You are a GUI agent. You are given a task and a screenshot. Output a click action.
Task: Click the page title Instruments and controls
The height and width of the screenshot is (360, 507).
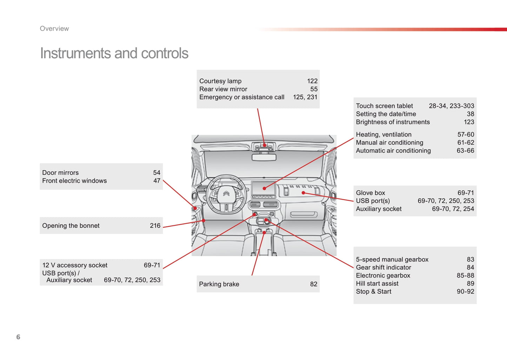tap(114, 53)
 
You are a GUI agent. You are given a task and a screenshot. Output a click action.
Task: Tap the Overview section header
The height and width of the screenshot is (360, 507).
tap(54, 29)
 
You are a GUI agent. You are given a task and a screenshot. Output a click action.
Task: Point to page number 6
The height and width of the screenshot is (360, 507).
tap(18, 337)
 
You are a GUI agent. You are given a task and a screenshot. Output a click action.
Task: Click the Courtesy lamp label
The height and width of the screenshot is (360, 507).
tap(220, 81)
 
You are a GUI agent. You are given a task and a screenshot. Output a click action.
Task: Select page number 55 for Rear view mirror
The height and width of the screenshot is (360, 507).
tap(314, 89)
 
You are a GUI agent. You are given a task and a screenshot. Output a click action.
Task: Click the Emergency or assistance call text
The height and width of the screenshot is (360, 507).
tap(242, 97)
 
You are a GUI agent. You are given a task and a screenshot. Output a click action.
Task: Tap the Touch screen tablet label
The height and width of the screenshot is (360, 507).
tap(384, 106)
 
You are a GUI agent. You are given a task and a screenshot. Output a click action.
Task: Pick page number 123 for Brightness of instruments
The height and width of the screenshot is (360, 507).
tap(469, 122)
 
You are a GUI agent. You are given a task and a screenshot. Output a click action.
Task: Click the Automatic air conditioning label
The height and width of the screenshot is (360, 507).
tap(393, 151)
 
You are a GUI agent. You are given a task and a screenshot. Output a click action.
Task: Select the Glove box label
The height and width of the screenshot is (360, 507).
tap(371, 193)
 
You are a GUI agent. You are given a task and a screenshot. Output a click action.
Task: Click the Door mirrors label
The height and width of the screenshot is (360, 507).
tap(60, 173)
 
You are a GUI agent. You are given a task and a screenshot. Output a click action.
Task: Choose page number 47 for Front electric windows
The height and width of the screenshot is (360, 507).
tap(156, 181)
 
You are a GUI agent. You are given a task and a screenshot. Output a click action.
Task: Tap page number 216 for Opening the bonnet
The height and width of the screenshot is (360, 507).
tap(155, 226)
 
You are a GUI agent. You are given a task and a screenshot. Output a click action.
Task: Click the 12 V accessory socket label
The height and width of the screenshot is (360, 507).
tap(75, 265)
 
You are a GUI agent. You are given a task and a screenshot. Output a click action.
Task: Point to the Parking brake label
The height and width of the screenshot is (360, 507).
tap(219, 284)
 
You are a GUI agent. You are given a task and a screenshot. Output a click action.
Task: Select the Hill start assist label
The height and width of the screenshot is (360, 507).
tap(377, 284)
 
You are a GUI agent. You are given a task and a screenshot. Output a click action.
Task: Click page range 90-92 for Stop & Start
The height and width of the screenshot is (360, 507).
tap(465, 292)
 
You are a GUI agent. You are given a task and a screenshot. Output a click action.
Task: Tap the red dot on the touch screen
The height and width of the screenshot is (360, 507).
tap(264, 188)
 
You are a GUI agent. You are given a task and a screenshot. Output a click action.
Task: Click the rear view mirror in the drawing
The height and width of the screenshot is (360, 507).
tap(264, 157)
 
